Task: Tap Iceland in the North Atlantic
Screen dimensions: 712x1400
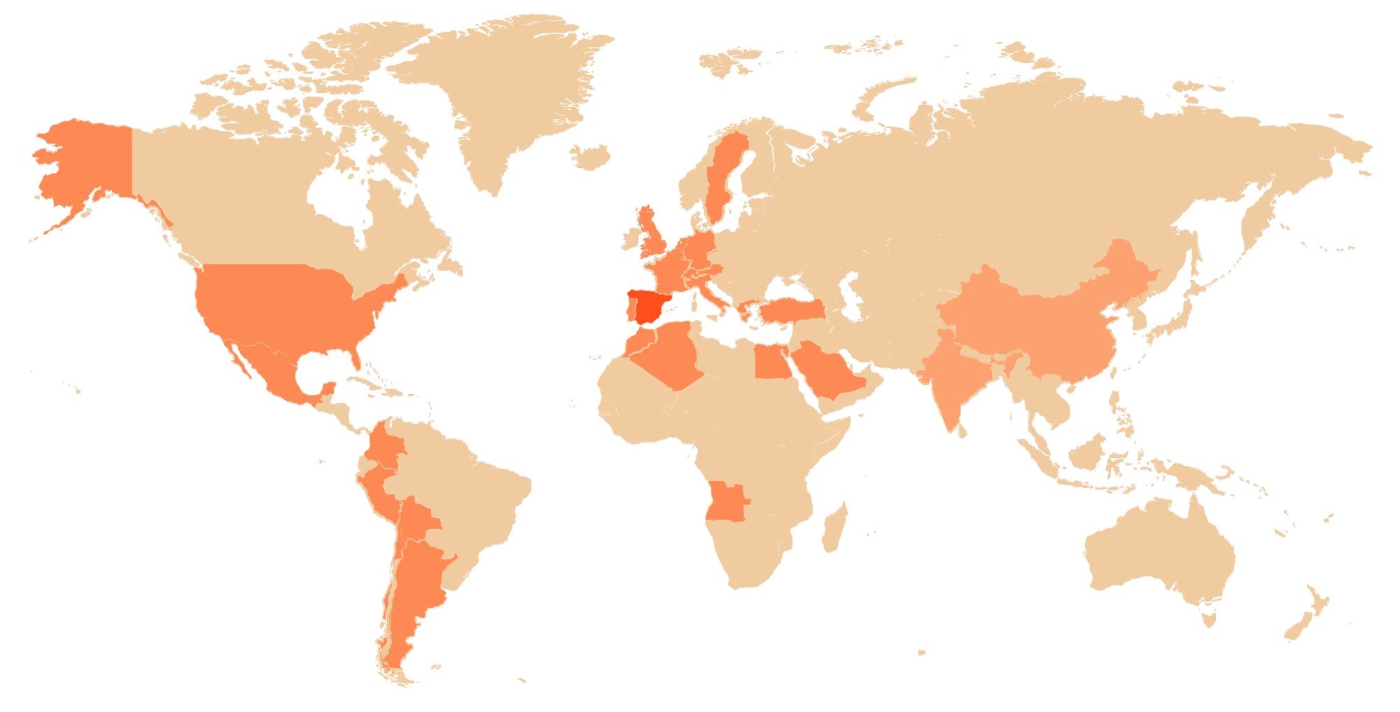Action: click(590, 156)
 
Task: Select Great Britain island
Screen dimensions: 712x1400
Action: click(654, 235)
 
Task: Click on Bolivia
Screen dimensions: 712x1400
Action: click(419, 518)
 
